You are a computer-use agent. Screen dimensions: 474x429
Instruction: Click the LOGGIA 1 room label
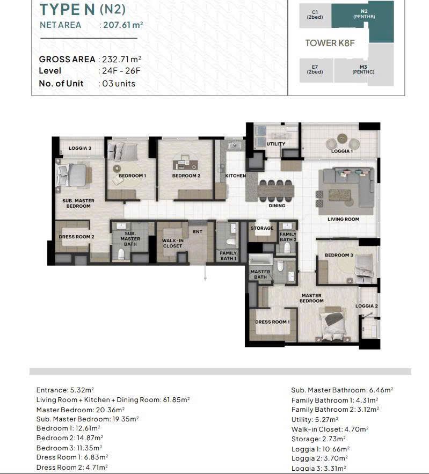tap(342, 151)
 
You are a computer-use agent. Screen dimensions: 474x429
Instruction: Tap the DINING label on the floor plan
tap(277, 206)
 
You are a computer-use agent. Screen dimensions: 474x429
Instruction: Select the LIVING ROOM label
tap(344, 219)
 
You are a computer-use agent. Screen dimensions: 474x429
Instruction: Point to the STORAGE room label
tap(262, 228)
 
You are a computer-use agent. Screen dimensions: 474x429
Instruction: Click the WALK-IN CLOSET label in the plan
tap(172, 243)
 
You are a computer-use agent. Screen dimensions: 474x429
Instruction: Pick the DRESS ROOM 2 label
tap(76, 237)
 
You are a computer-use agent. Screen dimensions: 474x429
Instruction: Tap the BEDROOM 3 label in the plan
tap(339, 255)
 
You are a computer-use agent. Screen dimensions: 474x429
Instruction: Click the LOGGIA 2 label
tap(367, 306)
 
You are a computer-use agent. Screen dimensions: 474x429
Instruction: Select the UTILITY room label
tap(276, 144)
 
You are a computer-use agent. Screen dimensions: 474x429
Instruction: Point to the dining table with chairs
tap(276, 189)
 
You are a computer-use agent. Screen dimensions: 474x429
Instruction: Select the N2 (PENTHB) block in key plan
tap(363, 14)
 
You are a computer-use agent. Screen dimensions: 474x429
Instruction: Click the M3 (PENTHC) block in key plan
tap(363, 69)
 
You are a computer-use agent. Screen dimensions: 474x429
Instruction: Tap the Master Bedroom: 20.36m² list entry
tap(81, 409)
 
